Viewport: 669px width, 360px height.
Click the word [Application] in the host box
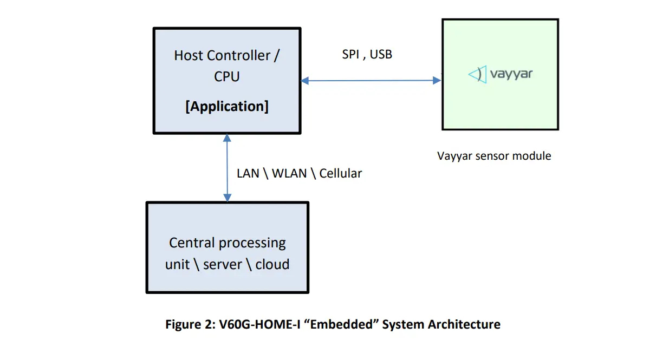coord(227,106)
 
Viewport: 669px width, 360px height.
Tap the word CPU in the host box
coord(227,77)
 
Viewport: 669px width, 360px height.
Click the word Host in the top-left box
coord(189,56)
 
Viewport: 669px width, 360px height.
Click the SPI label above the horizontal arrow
coord(350,54)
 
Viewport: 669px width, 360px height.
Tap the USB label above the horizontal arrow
coord(381,54)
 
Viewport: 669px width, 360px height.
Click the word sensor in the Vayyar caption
coord(489,156)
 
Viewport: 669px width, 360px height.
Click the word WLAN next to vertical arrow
coord(289,174)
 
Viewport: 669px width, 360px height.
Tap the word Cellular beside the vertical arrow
coord(340,174)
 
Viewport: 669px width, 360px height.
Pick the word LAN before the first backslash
coord(248,174)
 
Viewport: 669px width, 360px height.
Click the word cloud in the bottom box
coord(272,265)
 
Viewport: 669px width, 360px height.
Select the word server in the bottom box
coord(222,265)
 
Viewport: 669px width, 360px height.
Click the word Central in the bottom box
coord(189,243)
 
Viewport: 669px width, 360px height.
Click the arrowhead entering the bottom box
coord(227,198)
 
